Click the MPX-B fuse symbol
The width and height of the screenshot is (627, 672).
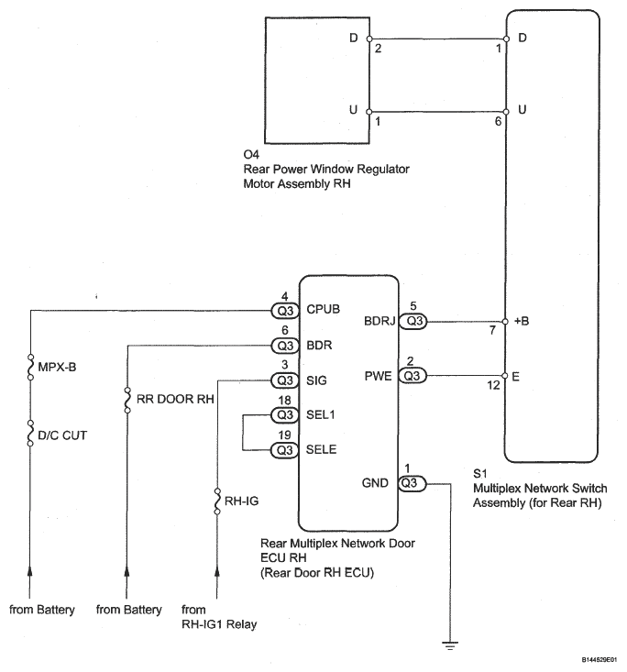pos(30,368)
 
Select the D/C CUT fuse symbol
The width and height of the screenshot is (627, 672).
pos(30,434)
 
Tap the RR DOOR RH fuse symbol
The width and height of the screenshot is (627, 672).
pos(127,400)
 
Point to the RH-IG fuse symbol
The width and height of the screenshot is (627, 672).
pos(217,501)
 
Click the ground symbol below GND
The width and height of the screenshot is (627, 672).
pos(450,645)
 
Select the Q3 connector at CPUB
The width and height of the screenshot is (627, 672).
pos(285,311)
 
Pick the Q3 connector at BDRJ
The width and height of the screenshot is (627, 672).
pos(413,321)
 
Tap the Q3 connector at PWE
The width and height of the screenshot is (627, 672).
pos(412,376)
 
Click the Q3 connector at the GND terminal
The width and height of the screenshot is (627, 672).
pos(412,483)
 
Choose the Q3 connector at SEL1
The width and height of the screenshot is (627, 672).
pos(285,415)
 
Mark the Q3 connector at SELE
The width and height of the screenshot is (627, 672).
pos(284,450)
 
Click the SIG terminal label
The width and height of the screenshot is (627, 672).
pos(316,380)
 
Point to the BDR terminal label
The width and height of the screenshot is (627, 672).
pos(319,345)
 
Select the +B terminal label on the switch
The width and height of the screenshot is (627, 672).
pos(522,321)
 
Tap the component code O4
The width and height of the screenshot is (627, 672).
pos(251,154)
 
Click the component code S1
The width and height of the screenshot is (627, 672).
pos(480,474)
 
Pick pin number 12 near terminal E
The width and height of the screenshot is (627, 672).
pos(493,385)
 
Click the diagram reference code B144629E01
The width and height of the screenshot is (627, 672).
pos(599,659)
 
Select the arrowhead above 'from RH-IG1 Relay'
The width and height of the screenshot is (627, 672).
pos(217,571)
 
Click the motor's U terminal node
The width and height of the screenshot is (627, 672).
pos(369,112)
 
